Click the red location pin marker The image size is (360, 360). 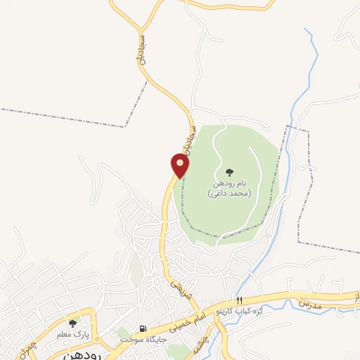(180, 165)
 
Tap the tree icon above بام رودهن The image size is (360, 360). (229, 172)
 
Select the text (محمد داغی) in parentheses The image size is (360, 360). (229, 193)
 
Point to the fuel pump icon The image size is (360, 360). (143, 328)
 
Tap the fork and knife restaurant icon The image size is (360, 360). (240, 301)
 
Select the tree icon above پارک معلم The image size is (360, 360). (72, 323)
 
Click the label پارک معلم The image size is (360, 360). (72, 334)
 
